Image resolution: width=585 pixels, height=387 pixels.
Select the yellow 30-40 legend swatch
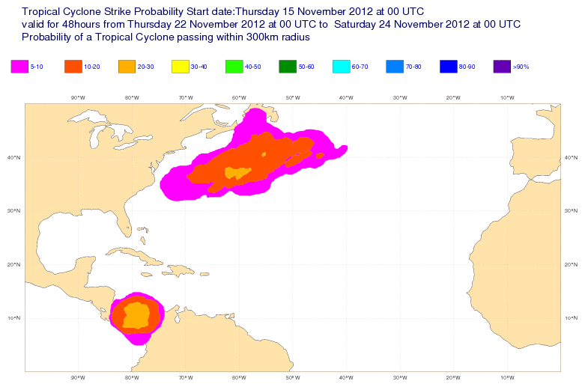pos(181,67)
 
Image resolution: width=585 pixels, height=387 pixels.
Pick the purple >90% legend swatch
pos(503,67)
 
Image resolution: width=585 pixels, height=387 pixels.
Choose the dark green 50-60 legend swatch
pos(288,67)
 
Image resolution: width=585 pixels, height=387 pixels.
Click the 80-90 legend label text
pos(467,67)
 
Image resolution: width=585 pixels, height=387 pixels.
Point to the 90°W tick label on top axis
pos(78,97)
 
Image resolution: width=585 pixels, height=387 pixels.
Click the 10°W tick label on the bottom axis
pos(506,377)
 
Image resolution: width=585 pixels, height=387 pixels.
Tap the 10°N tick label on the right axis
pos(572,318)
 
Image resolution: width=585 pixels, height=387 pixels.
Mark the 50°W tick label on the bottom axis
pos(292,377)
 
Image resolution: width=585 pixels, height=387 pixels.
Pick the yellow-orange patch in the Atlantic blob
pos(237,174)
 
